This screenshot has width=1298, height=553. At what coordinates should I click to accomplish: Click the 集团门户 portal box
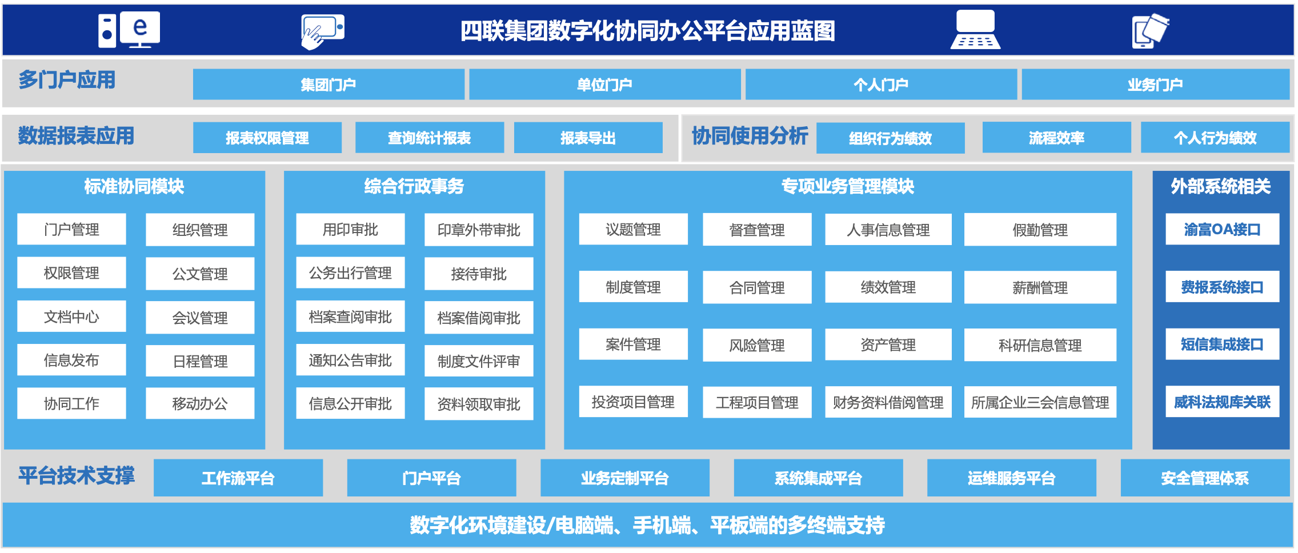328,85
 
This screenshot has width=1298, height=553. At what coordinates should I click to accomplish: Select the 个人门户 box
881,85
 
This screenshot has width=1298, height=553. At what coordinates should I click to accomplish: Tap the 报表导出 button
588,138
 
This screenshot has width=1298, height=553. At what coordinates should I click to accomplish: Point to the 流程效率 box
1056,138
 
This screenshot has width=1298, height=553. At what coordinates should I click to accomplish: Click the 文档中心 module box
71,316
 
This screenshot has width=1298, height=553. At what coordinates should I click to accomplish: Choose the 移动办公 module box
200,403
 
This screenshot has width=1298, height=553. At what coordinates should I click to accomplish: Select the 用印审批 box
350,229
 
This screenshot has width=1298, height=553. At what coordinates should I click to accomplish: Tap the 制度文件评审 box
479,360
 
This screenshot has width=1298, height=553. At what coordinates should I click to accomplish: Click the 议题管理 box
633,229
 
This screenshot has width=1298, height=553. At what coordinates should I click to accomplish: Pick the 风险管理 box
757,345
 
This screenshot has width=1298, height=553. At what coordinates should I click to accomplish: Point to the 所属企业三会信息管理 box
1040,402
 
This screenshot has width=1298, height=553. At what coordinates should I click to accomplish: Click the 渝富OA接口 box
1222,229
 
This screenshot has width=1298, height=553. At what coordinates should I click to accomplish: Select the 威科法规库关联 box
1222,402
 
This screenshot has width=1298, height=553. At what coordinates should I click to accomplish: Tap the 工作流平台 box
238,478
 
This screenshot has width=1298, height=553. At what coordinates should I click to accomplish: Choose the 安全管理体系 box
1205,478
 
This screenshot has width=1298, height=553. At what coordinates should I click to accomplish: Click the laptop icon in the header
975,30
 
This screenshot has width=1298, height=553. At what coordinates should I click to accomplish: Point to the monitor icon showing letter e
140,29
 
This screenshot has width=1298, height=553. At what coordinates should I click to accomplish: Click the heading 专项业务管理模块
848,186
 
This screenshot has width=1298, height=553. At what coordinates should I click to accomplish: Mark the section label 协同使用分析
750,136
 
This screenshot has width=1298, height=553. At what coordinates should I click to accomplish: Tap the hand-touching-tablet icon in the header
323,31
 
